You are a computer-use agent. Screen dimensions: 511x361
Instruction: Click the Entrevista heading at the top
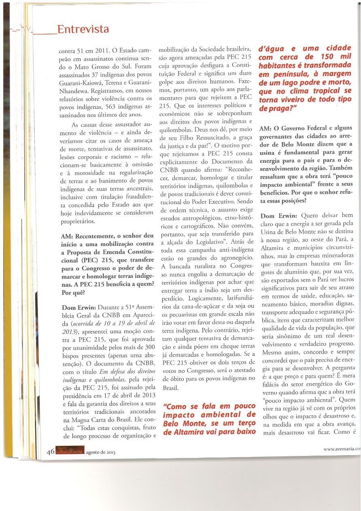point(83,30)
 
